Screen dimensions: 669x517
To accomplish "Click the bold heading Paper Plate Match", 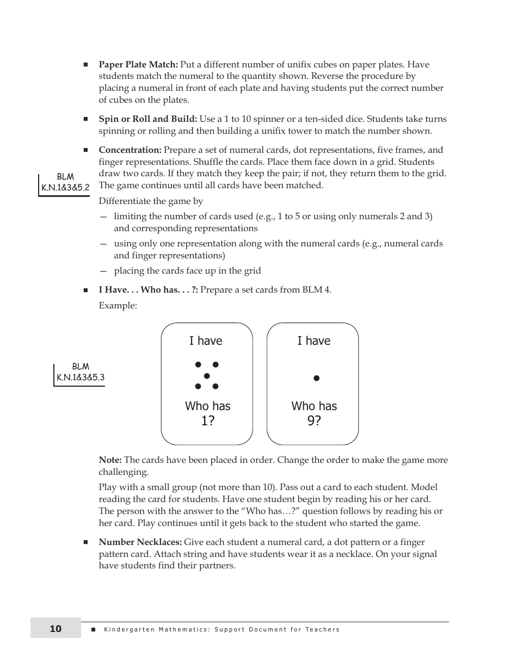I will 138,65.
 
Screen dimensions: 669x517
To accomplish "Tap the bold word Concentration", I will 130,150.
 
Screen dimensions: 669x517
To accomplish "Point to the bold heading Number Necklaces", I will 140,542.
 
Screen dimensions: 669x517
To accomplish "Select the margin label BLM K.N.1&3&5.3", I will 81,373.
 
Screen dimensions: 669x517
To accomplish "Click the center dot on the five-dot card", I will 207,376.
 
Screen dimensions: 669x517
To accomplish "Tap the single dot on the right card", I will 316,378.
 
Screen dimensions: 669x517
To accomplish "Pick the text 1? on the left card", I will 207,421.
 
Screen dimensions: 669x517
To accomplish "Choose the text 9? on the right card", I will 314,421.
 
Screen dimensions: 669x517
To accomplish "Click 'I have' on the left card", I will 206,341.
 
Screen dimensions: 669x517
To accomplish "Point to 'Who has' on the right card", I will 314,406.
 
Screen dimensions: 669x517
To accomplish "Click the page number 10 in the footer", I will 56,629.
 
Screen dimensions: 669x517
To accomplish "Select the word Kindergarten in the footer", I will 128,630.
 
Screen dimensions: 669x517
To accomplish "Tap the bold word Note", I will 110,460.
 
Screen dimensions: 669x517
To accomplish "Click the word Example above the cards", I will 118,306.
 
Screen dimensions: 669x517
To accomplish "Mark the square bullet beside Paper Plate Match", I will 86,65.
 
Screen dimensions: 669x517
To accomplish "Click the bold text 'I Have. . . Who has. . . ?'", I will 148,290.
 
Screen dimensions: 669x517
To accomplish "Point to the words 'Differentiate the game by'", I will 151,201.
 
